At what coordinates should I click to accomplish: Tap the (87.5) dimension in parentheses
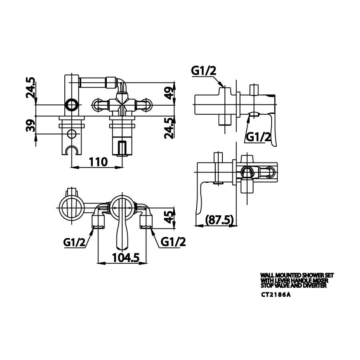point(219,220)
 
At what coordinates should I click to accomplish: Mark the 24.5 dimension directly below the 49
point(170,127)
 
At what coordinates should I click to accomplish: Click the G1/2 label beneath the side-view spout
point(258,136)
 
